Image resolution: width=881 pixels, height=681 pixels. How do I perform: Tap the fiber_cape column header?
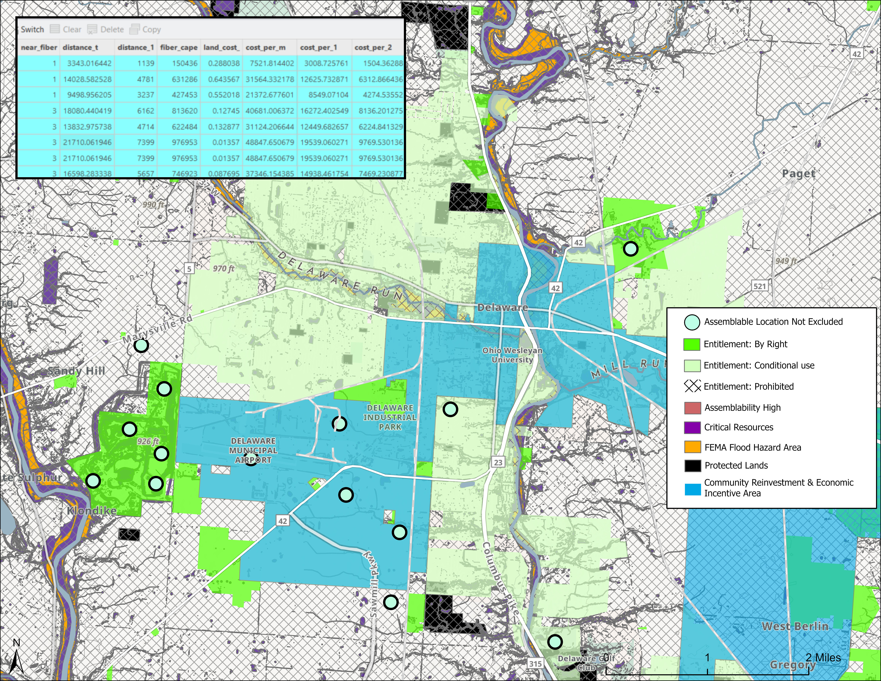pos(179,48)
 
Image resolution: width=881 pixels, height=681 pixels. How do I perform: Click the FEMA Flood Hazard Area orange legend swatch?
pos(692,447)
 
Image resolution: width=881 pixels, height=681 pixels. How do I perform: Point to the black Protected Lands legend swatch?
pos(692,466)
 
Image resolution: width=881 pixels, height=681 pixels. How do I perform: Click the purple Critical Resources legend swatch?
pos(692,427)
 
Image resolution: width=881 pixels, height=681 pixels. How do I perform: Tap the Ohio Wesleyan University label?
pos(512,355)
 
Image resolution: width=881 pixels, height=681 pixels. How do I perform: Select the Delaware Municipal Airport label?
pos(253,450)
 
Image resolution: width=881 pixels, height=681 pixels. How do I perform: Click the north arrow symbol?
pos(16,662)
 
